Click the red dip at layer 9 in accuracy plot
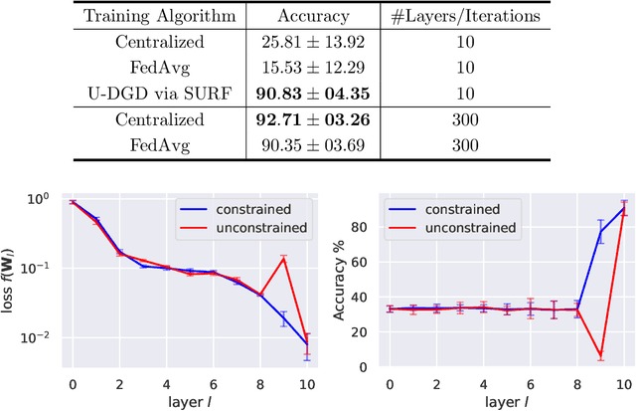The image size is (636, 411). [x=600, y=355]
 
